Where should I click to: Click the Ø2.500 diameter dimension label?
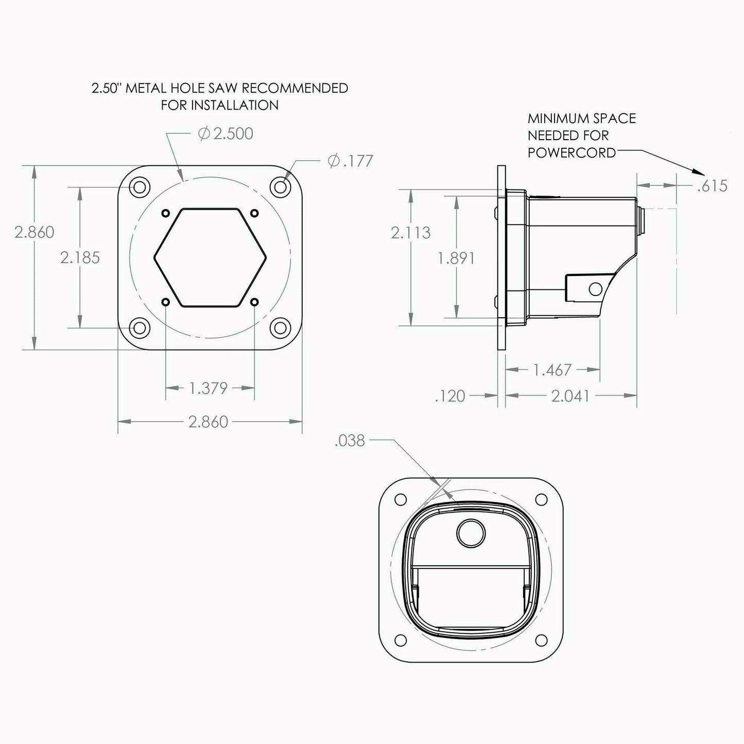coord(226,134)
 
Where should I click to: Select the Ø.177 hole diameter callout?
coord(350,161)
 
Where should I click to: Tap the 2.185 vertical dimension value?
coord(80,257)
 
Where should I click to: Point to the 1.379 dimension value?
coord(209,388)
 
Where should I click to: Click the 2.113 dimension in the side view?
coord(410,233)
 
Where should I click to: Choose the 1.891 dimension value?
coord(457,258)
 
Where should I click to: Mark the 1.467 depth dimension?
coord(552,370)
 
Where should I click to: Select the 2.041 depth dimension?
coord(570,396)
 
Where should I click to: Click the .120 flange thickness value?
coord(450,396)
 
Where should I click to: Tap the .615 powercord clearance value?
coord(713,186)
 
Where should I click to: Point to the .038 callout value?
coord(350,441)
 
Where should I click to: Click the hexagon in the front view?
coord(210,257)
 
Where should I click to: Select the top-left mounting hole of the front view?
coord(139,186)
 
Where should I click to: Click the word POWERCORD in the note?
coord(572,153)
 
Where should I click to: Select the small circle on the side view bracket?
coord(595,288)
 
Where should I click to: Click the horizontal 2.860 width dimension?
coord(208,422)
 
